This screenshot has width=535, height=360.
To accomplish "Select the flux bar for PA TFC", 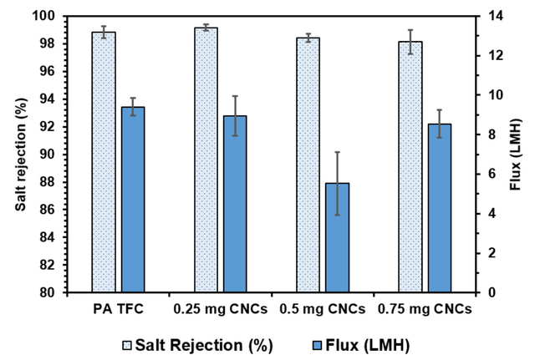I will [134, 200].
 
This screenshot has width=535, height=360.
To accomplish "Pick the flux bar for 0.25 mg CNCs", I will [236, 204].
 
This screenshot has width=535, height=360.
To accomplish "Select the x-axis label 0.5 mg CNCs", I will [324, 309].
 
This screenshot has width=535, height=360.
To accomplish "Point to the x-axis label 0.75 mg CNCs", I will [425, 309].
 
